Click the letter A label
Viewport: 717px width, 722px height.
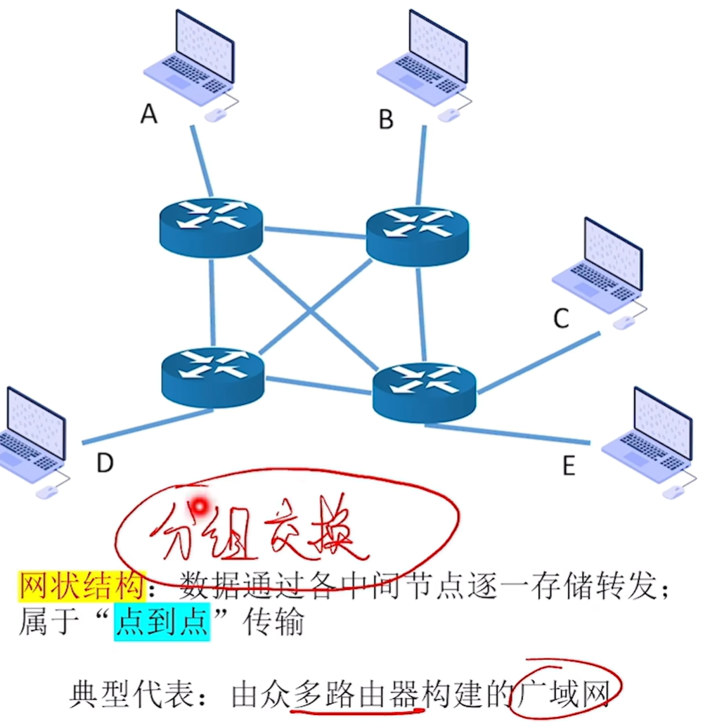click(x=149, y=113)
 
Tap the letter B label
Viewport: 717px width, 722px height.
click(x=386, y=120)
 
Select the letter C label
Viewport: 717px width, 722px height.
click(x=560, y=318)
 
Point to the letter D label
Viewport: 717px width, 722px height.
click(x=105, y=463)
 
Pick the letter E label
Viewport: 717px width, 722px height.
click(x=569, y=465)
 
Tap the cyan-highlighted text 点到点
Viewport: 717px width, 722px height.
click(x=162, y=622)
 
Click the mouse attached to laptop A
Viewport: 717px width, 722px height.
click(x=215, y=115)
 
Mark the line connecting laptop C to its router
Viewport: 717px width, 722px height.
click(x=538, y=363)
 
